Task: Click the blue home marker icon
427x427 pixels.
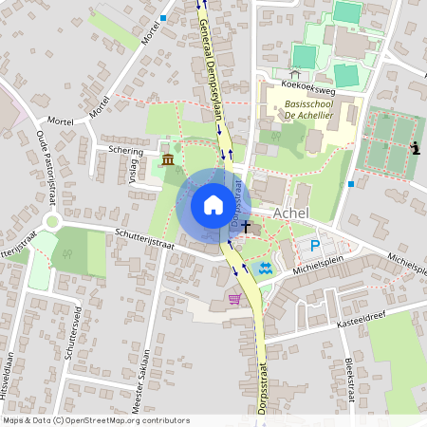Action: point(213,205)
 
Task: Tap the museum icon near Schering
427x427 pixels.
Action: point(168,158)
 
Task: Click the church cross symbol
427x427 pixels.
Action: point(247,227)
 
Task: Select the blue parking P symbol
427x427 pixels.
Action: point(315,246)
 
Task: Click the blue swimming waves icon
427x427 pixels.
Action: point(267,268)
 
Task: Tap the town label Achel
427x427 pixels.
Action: point(292,214)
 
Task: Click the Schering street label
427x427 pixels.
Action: point(125,150)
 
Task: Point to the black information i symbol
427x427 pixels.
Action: point(415,147)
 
